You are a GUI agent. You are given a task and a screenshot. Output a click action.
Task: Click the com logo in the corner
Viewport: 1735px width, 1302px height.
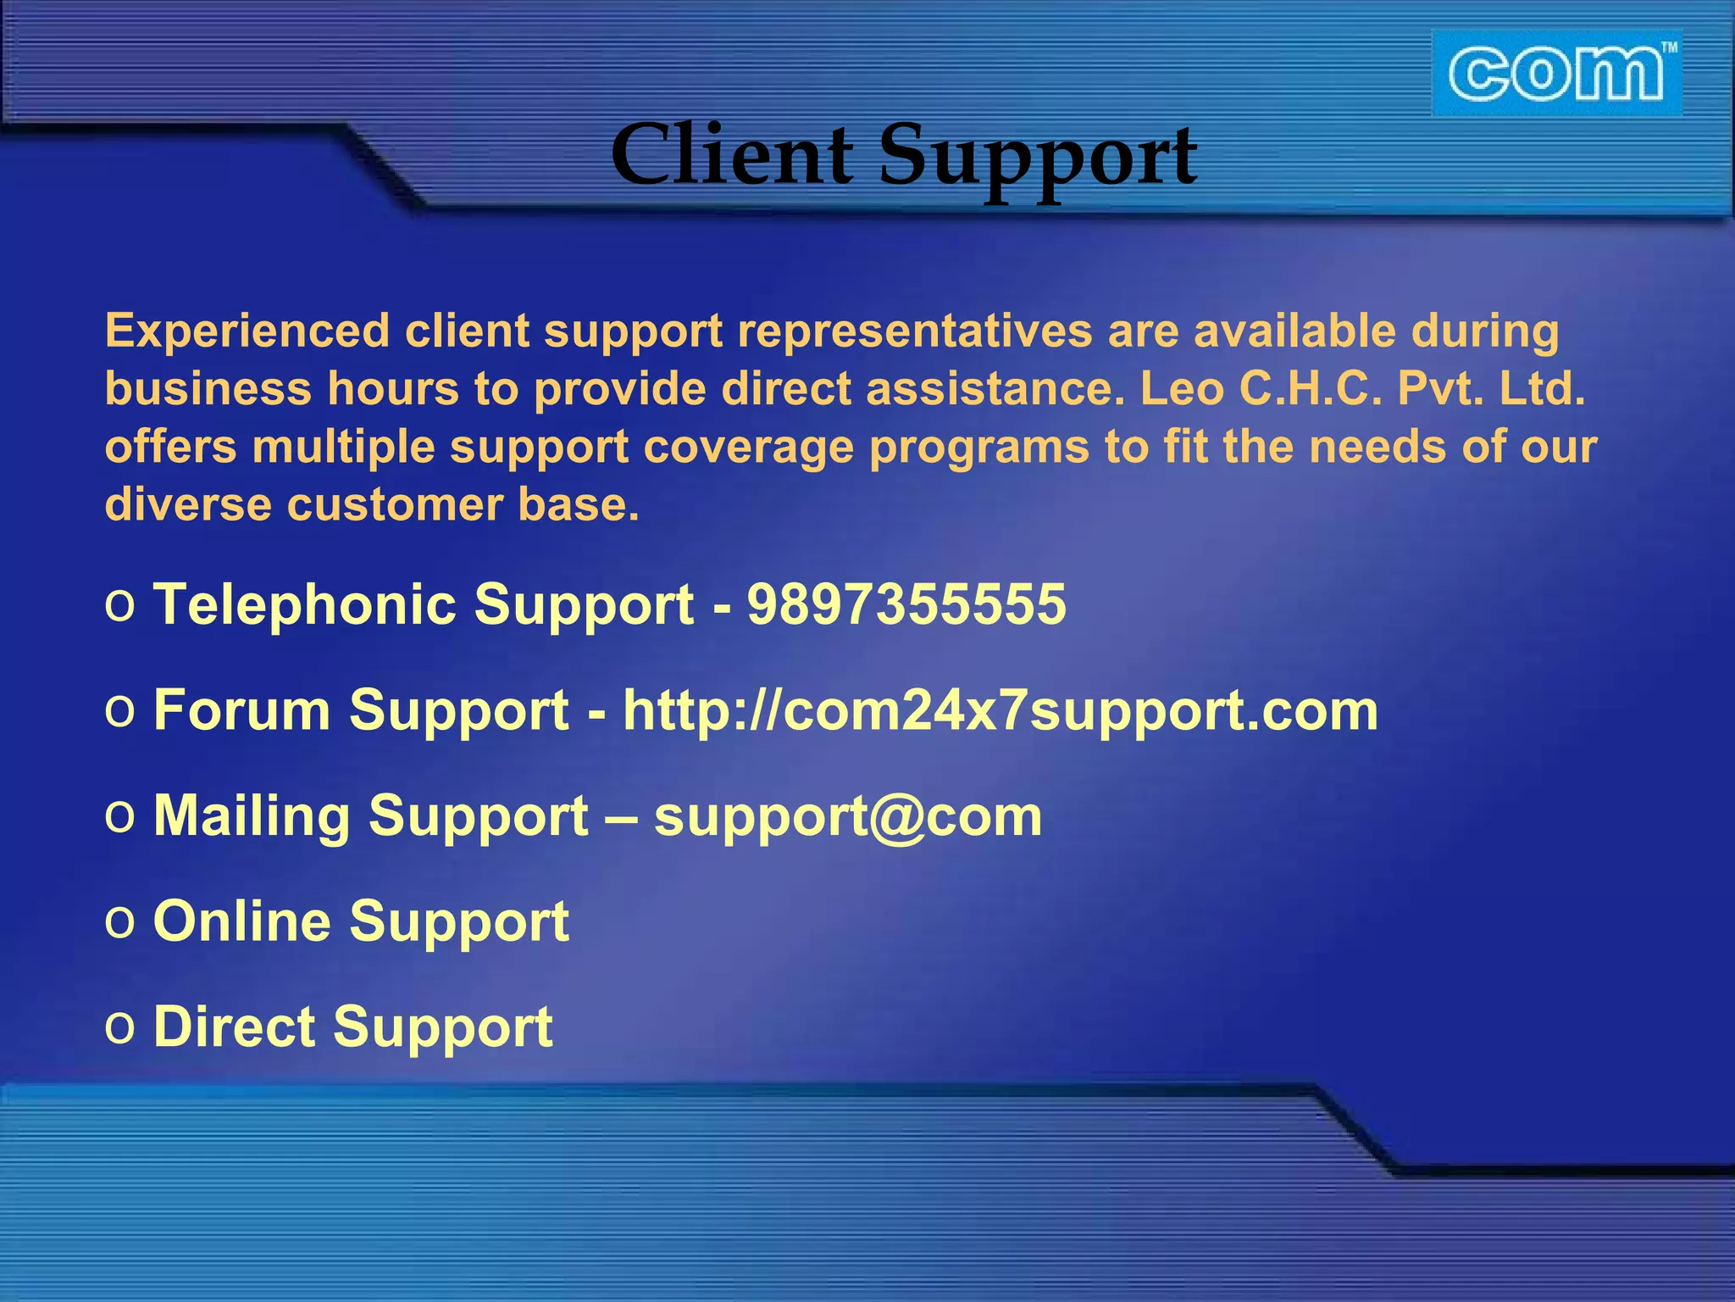1556,74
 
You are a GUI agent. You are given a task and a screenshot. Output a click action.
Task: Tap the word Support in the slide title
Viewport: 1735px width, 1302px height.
1038,157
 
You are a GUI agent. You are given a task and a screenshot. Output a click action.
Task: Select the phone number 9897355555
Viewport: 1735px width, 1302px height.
906,604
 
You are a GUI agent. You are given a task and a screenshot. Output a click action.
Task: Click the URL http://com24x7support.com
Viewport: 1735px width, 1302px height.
1001,710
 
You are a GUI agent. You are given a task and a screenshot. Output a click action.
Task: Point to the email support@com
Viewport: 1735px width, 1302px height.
848,816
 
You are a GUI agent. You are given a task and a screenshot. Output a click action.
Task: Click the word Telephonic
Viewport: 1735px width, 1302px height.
304,604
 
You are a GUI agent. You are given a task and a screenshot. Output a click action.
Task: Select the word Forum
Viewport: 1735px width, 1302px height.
241,710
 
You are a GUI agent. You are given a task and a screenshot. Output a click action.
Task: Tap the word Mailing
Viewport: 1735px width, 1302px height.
252,816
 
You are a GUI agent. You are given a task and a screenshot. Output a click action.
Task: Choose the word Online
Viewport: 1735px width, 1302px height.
241,921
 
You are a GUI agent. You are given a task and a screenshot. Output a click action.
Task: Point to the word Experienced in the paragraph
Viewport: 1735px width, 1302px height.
247,331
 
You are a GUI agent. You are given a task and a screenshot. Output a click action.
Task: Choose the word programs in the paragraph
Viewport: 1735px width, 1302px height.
978,448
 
